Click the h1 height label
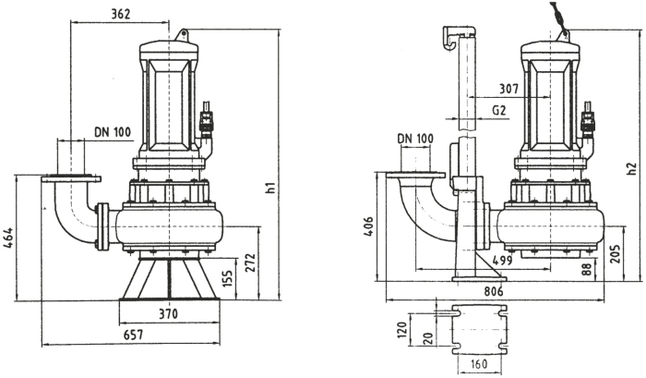[270, 190]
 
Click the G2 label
[498, 110]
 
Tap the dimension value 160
[478, 363]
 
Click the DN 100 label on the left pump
[112, 131]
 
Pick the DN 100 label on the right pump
[416, 139]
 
